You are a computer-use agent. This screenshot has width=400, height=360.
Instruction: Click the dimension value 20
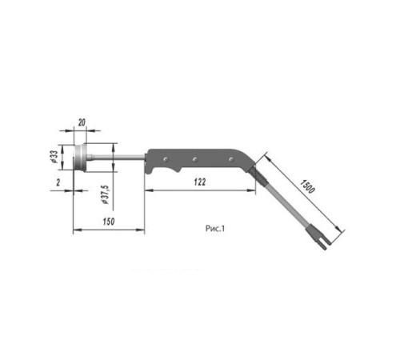82,122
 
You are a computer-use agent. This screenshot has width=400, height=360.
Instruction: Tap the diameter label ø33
54,157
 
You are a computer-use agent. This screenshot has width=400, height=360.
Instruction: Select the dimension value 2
58,182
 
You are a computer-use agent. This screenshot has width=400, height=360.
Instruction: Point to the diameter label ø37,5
106,194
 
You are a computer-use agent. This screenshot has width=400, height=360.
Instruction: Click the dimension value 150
109,222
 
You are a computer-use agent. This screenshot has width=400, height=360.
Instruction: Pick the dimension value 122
200,182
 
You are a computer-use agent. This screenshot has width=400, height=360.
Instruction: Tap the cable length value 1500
307,186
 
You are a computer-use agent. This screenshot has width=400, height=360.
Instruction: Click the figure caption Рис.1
215,229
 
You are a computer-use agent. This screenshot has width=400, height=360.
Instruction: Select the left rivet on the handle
166,159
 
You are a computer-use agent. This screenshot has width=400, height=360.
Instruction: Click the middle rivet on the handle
195,159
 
